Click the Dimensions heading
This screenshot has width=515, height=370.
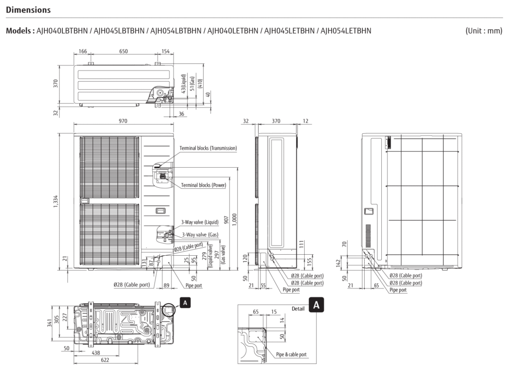pos(28,10)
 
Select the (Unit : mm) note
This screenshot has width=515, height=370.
pos(484,31)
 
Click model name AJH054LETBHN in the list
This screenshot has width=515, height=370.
pos(346,31)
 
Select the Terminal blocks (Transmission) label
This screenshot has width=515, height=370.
pos(208,148)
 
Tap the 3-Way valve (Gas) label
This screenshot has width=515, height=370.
pos(200,235)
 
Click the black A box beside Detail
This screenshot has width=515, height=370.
pos(316,305)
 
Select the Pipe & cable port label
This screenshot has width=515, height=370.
pos(291,354)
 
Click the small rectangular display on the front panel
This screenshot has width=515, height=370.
pos(160,210)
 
